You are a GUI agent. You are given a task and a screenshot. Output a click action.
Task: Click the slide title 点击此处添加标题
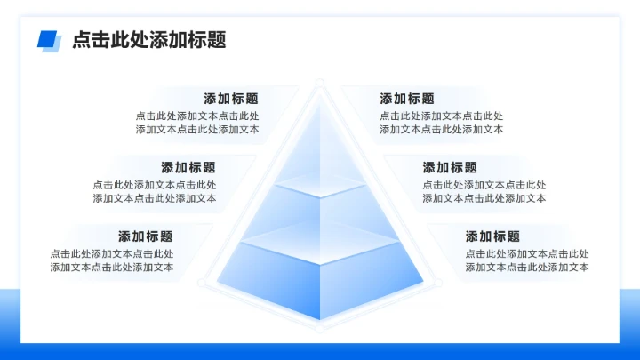tap(148, 40)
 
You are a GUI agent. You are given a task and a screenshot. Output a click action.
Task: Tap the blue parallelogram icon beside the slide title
tap(48, 40)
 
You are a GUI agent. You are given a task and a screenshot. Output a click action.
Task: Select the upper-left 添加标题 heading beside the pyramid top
tap(231, 99)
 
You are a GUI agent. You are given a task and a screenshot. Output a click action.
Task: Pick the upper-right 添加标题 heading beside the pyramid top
tap(407, 99)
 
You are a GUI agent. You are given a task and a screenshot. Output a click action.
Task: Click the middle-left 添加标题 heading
tap(188, 167)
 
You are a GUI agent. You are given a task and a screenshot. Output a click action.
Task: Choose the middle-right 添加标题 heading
tap(450, 167)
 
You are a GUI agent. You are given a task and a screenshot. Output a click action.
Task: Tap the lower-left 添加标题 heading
tap(146, 236)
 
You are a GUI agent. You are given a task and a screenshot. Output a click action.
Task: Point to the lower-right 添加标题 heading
tap(492, 236)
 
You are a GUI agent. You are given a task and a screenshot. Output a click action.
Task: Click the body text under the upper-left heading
tap(197, 123)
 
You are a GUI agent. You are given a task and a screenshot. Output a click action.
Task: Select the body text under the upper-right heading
tap(442, 123)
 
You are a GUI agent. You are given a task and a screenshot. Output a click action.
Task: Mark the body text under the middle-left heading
tap(155, 192)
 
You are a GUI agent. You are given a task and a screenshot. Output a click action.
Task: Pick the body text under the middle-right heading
tap(484, 192)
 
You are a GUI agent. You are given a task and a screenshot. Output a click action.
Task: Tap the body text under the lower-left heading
tap(112, 260)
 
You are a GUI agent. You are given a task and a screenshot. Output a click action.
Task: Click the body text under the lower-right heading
tap(527, 260)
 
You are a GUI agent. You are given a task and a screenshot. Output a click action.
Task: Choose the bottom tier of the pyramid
tap(319, 276)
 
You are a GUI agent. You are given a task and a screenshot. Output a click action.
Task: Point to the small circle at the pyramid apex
tap(319, 83)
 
